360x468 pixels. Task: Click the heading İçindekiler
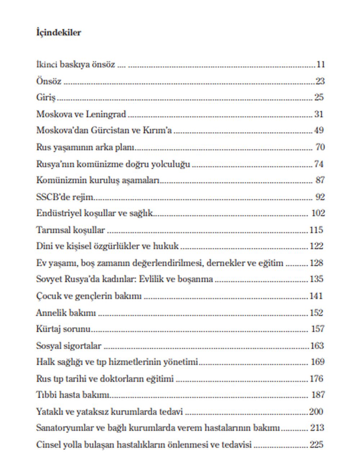coord(59,33)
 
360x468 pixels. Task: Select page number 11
coord(320,65)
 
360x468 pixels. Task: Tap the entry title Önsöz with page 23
coord(49,81)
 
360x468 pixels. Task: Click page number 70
coord(320,147)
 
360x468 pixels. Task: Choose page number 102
coord(318,213)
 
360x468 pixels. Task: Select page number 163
coord(317,346)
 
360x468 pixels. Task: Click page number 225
coord(316,445)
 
